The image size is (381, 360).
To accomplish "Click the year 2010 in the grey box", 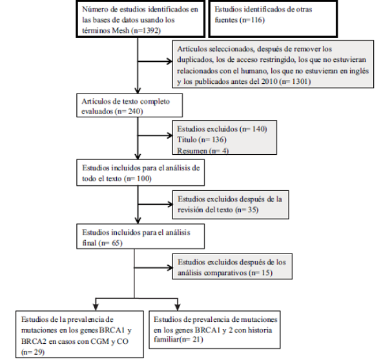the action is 269,81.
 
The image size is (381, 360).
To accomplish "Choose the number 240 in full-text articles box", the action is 134,112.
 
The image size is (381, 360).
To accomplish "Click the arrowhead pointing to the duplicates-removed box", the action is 170,61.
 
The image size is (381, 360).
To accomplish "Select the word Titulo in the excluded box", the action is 187,139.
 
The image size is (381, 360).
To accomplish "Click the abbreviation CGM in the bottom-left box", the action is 99,341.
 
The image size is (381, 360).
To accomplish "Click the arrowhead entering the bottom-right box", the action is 178,307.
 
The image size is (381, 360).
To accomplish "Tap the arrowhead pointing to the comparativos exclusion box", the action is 170,268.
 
